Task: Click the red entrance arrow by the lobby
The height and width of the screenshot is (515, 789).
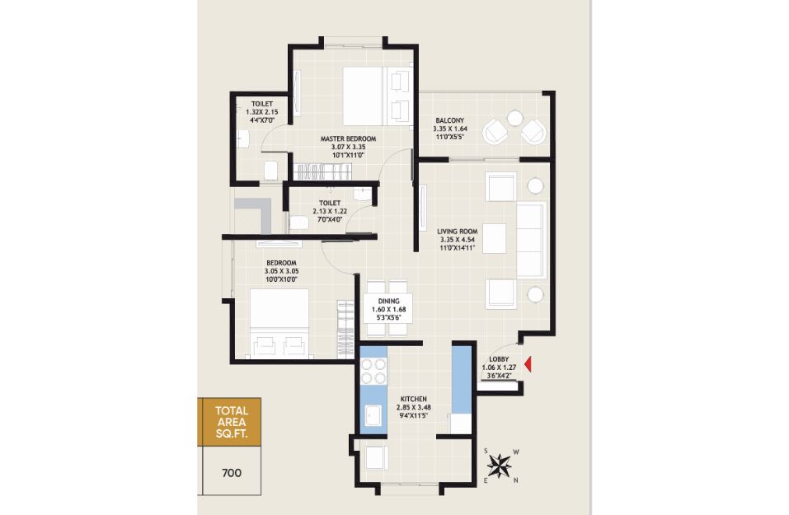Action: coord(528,364)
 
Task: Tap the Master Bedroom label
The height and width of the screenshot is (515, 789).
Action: coord(348,138)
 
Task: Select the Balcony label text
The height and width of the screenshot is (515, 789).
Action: coord(450,120)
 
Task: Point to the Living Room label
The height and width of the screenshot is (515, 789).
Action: coord(458,232)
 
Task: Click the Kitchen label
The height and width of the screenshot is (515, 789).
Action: coord(414,399)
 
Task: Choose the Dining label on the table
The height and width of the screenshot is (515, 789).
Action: coord(389,301)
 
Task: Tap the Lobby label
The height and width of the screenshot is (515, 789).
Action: coord(499,359)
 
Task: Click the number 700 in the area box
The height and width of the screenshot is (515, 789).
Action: coord(232,473)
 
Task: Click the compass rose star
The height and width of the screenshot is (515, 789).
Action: coord(499,466)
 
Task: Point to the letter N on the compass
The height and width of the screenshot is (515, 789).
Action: coord(516,480)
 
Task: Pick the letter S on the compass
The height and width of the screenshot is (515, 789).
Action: coord(486,451)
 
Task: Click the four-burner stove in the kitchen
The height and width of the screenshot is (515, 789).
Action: coord(373,371)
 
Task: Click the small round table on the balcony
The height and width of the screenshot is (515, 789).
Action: coord(514,118)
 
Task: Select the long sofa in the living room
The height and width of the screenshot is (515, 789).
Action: coord(532,240)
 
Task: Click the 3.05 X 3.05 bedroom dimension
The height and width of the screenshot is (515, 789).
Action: coord(282,271)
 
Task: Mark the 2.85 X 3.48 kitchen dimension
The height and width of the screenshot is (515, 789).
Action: coord(414,407)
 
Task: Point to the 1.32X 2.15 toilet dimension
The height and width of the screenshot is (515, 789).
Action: coord(261,112)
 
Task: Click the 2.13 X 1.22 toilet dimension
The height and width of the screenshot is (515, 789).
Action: coord(330,211)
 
